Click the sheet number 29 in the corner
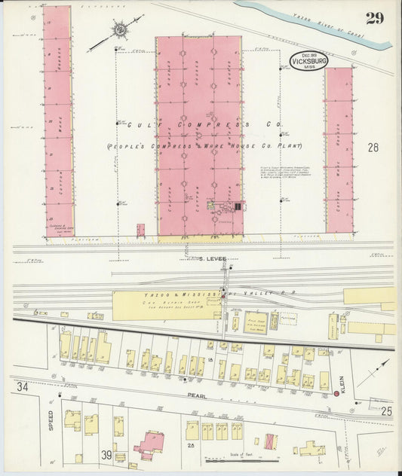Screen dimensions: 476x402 point(375,17)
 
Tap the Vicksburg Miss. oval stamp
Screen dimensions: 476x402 point(309,61)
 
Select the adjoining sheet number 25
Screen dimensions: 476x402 point(386,410)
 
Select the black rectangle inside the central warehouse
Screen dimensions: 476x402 point(238,206)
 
